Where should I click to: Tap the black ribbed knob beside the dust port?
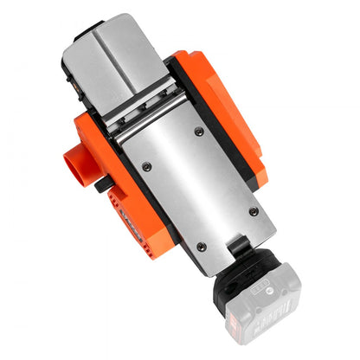click(x=102, y=183)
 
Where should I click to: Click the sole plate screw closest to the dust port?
click(x=146, y=165)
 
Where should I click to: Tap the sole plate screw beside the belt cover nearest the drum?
click(x=199, y=132)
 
